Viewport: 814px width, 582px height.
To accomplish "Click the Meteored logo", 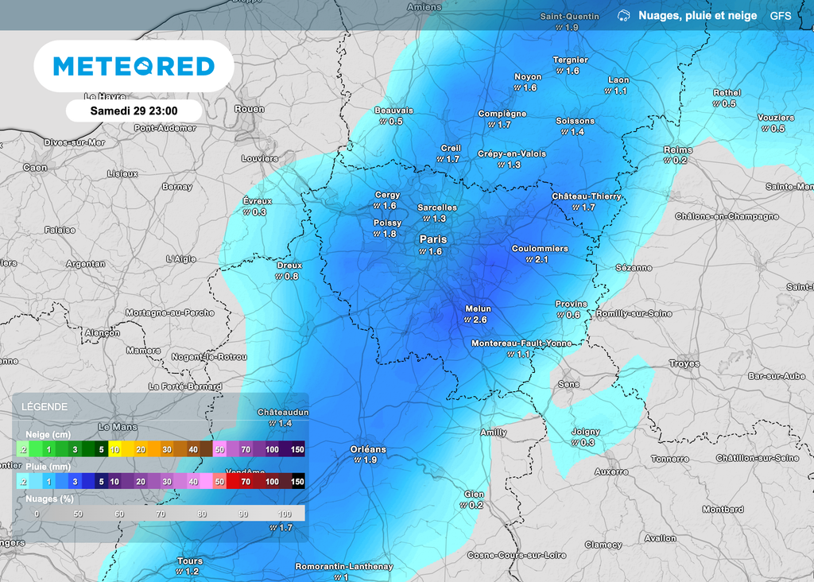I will click(x=134, y=67).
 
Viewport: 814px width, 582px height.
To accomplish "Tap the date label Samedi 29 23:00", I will click(x=134, y=111).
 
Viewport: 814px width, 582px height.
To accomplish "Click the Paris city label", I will click(x=433, y=239).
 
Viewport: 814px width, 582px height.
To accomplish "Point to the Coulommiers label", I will click(x=540, y=249).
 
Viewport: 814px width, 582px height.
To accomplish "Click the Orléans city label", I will click(x=368, y=449).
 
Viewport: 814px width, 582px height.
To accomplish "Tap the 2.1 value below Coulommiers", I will click(x=541, y=260).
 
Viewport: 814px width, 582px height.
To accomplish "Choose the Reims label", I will click(x=678, y=149).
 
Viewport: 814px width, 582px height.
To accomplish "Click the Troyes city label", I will click(x=684, y=363).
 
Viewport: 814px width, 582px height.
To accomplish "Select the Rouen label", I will click(x=250, y=109).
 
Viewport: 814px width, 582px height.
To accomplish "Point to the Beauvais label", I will click(x=394, y=111).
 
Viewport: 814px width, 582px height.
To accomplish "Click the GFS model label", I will click(x=780, y=16).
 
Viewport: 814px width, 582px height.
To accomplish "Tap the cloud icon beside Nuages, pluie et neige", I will click(x=624, y=16).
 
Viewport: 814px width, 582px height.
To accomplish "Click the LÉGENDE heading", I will click(x=45, y=407).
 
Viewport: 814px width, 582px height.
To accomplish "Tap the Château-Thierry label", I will click(x=587, y=196).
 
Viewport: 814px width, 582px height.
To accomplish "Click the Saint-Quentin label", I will click(x=569, y=16).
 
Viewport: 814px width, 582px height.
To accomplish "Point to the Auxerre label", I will click(x=611, y=471).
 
